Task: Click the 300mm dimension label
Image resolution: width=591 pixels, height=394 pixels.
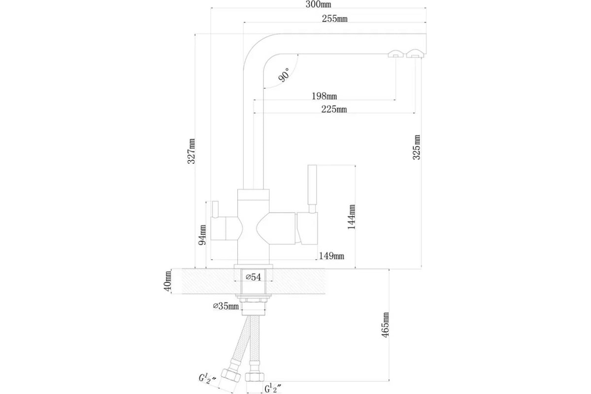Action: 318,4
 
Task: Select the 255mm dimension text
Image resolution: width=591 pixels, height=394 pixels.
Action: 334,19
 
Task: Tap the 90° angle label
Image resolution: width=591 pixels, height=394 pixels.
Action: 284,75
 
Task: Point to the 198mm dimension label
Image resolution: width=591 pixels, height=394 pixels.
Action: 324,96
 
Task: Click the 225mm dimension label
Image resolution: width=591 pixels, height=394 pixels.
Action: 334,109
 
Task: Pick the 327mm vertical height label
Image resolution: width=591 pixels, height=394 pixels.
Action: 191,151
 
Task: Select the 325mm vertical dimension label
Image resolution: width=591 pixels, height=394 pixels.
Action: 416,147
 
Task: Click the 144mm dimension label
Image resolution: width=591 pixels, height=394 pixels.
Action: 352,217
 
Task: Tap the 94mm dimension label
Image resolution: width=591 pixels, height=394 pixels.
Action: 202,235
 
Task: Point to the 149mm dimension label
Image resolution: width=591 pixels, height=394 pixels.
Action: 331,256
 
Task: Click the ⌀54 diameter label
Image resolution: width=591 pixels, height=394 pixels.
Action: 253,277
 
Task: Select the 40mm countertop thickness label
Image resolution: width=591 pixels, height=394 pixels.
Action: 167,281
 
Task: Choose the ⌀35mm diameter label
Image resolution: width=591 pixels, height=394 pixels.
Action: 226,306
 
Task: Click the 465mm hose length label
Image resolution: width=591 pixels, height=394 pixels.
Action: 385,325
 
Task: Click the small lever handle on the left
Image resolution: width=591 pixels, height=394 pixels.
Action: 215,209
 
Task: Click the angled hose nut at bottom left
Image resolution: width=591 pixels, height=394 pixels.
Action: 231,375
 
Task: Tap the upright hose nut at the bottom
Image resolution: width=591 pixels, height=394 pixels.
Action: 255,377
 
